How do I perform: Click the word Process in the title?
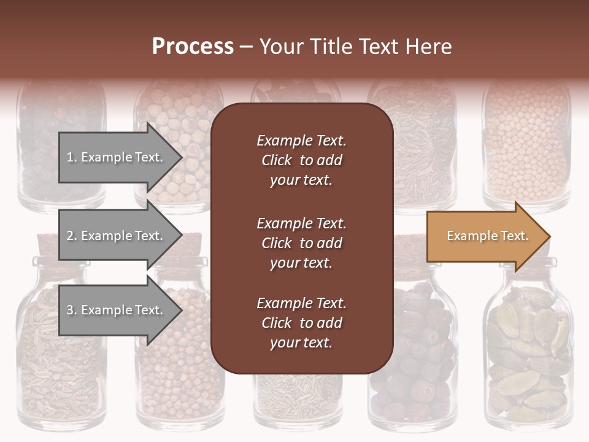pyautogui.click(x=193, y=46)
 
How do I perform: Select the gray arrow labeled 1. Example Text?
pyautogui.click(x=117, y=157)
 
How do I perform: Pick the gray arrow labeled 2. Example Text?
pyautogui.click(x=117, y=236)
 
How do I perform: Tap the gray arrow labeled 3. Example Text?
pyautogui.click(x=117, y=310)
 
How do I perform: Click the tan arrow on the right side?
pyautogui.click(x=485, y=236)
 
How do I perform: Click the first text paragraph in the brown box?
pyautogui.click(x=301, y=160)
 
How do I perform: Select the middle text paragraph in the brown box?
pyautogui.click(x=301, y=243)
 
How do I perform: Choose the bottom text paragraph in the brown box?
pyautogui.click(x=301, y=323)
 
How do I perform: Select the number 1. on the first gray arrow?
pyautogui.click(x=71, y=157)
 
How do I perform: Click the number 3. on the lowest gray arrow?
pyautogui.click(x=71, y=310)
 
